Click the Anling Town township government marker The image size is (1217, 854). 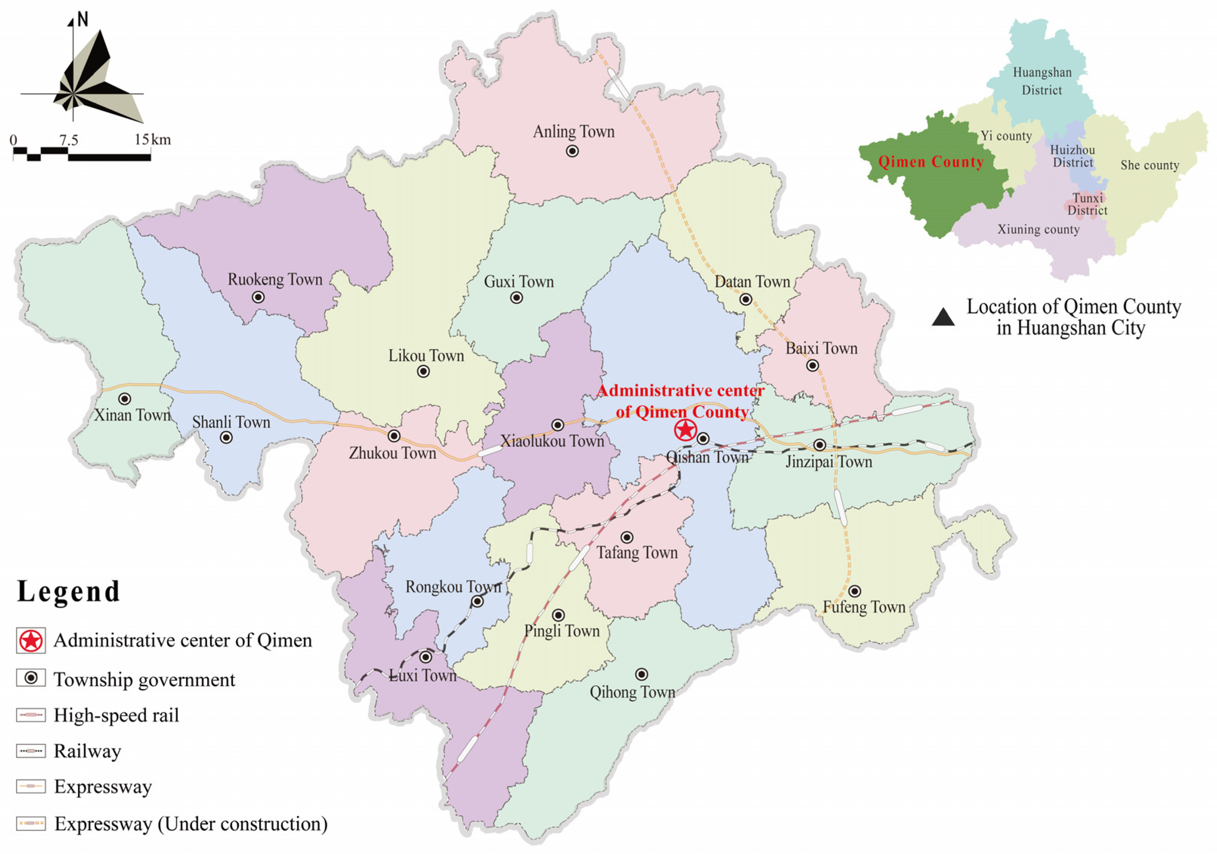572,151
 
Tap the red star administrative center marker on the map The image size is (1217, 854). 685,430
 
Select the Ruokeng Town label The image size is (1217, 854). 275,279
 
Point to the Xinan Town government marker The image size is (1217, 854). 125,399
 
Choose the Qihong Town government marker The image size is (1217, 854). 642,674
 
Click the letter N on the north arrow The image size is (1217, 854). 82,20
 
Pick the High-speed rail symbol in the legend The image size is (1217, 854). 31,715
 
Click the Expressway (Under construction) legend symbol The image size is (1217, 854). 31,823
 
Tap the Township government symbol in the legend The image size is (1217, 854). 31,678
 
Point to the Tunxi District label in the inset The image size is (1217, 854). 1087,204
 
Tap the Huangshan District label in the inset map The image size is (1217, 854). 1042,81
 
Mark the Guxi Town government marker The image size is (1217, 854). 516,298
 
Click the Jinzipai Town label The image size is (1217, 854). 828,462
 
